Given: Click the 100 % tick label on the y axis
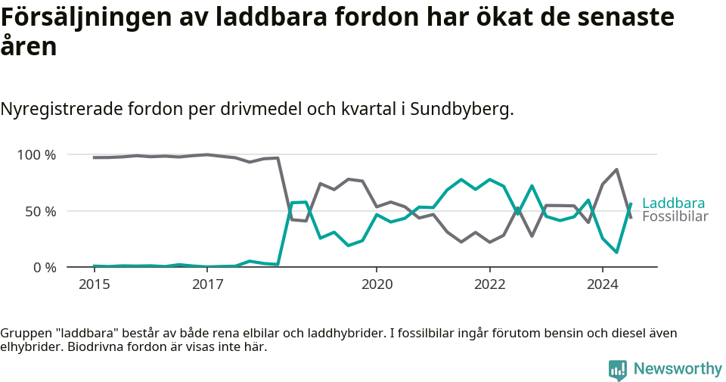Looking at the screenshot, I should (x=36, y=155).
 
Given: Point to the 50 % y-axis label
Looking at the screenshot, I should (x=40, y=211).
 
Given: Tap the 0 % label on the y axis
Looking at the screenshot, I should (x=44, y=267).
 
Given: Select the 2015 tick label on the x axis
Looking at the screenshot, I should (x=95, y=284).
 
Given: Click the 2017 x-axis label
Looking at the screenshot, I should (x=207, y=284).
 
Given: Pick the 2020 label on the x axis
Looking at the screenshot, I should (x=377, y=284).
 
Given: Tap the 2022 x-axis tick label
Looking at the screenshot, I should (x=489, y=284).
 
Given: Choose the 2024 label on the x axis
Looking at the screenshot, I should (x=602, y=284).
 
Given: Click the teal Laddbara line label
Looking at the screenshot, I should (x=673, y=203).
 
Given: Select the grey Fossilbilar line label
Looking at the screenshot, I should (x=675, y=217).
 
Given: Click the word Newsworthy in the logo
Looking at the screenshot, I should (x=678, y=369).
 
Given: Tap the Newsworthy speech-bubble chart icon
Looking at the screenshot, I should (x=618, y=370).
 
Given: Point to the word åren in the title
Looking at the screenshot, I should (x=29, y=47).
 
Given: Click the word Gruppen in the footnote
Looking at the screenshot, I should (x=24, y=334).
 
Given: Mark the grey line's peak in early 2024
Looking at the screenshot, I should (x=616, y=169).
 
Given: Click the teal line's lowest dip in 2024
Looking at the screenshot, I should (x=616, y=252).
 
